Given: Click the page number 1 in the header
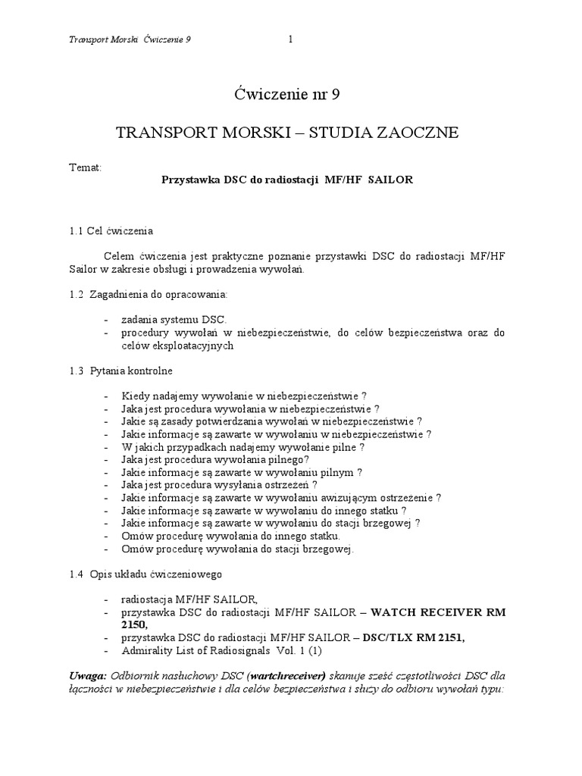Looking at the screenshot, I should [291, 40].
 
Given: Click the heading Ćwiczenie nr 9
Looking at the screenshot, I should [291, 95].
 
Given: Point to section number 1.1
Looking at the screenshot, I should [75, 230].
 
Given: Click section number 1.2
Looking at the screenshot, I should [75, 293].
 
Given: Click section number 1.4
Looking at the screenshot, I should [75, 574].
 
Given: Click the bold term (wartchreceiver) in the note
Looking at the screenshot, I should [284, 675].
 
